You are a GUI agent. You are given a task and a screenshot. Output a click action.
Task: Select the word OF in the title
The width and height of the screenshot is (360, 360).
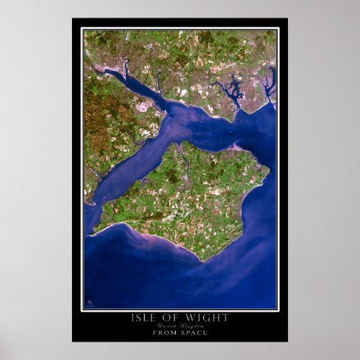click(174, 318)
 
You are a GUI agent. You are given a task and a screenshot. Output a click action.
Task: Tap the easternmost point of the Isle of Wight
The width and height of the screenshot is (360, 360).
click(269, 169)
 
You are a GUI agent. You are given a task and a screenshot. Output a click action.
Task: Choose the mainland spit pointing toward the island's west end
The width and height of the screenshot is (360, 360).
click(92, 201)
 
